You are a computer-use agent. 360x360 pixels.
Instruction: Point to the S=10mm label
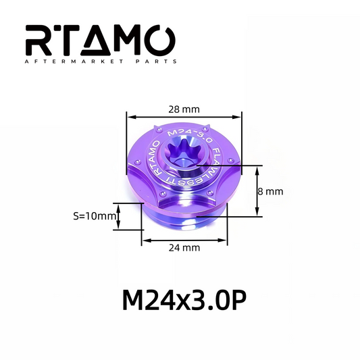(93, 216)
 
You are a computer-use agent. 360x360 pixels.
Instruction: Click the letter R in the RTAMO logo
(41, 42)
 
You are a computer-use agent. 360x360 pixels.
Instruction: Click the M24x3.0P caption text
(180, 300)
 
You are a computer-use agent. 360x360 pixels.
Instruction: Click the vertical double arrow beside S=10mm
(120, 216)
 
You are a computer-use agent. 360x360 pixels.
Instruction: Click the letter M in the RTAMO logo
(131, 42)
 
